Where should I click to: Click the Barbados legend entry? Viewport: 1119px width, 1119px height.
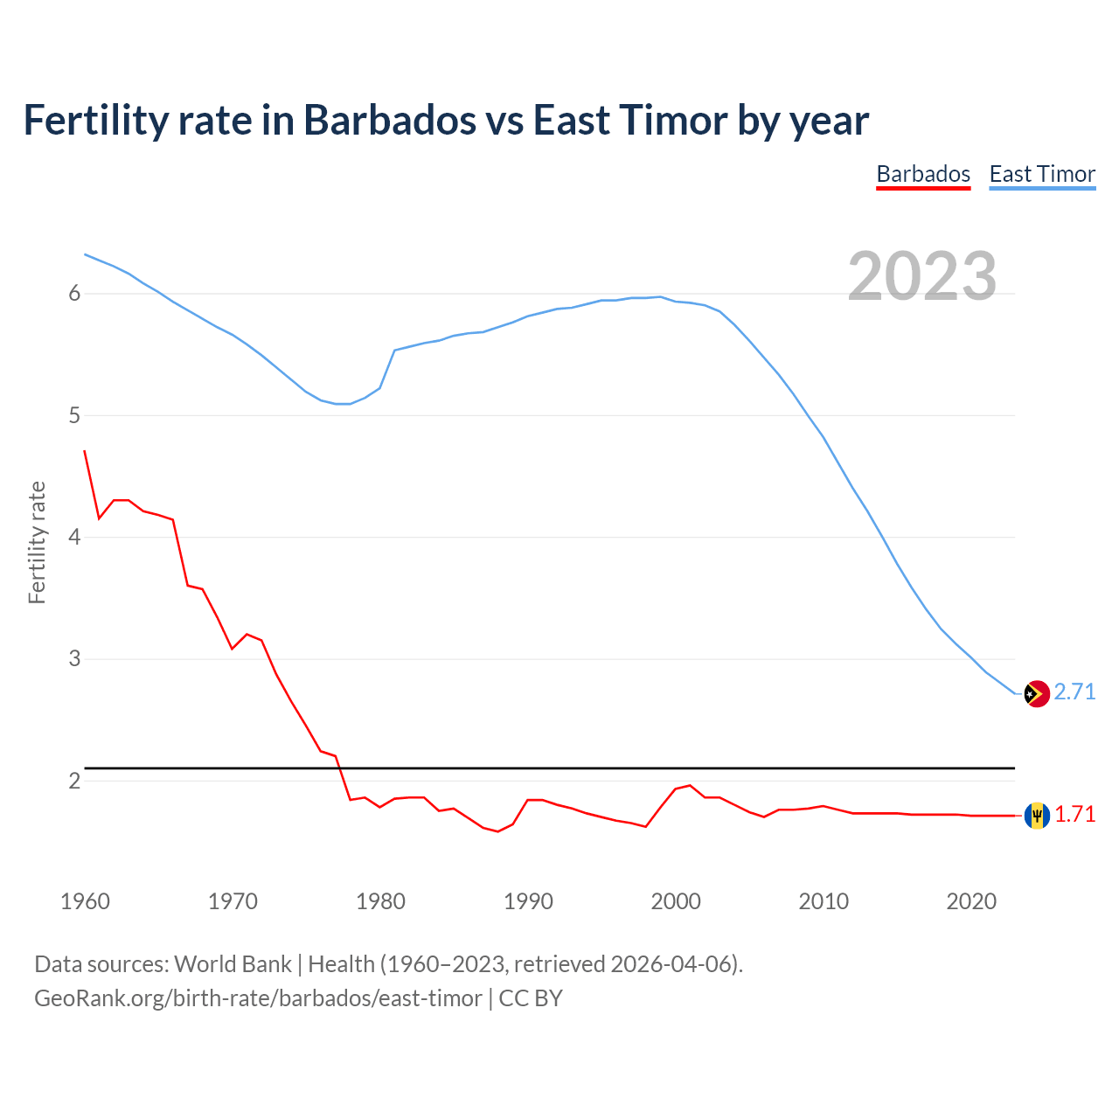click(x=923, y=174)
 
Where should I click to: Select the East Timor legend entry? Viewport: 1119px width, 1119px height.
click(x=1042, y=174)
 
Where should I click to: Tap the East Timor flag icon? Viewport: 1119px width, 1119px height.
click(x=1036, y=693)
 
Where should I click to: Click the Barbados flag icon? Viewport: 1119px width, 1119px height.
click(x=1036, y=815)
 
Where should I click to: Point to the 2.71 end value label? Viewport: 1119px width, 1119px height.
click(x=1074, y=692)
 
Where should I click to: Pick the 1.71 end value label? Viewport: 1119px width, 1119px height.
click(x=1074, y=814)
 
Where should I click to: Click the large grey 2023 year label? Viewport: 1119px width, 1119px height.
click(x=921, y=276)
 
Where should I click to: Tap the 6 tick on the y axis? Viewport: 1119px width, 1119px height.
click(x=74, y=294)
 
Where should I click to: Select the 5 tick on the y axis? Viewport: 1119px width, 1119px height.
click(x=74, y=415)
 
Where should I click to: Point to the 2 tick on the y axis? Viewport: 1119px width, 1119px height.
click(x=74, y=781)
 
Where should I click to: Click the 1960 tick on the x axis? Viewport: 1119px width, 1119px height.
click(x=85, y=901)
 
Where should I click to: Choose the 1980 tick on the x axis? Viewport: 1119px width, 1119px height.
click(x=380, y=901)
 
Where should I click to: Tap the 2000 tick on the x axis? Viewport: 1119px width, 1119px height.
click(x=676, y=901)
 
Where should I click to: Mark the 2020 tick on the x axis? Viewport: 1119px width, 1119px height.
click(x=971, y=901)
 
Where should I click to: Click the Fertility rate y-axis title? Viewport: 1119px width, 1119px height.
click(x=37, y=542)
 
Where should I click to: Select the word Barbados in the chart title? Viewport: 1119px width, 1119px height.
click(x=390, y=121)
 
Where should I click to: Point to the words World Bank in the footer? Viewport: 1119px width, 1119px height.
click(x=233, y=964)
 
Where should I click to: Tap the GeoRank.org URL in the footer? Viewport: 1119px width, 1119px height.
click(x=258, y=998)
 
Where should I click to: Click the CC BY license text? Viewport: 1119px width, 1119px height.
click(x=531, y=998)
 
